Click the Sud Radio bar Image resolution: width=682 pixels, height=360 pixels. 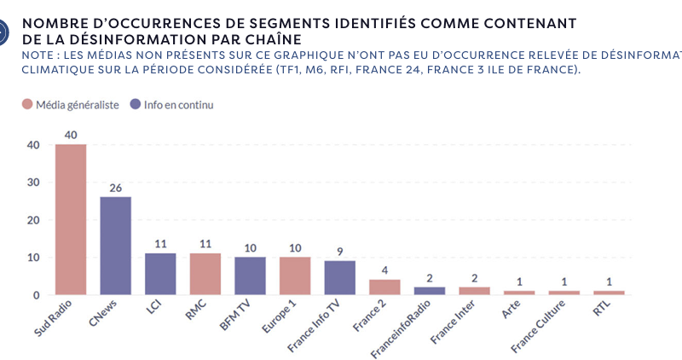click(71, 219)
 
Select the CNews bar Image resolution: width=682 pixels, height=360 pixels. click(116, 246)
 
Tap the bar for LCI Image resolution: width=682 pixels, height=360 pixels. click(160, 274)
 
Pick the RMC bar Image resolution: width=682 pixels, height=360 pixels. click(205, 274)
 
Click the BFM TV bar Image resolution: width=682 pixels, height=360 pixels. click(250, 276)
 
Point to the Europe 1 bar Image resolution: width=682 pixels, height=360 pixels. click(295, 276)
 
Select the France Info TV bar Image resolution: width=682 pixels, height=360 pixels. click(340, 277)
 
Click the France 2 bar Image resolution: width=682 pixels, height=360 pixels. click(384, 287)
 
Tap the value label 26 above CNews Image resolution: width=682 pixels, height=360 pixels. click(116, 188)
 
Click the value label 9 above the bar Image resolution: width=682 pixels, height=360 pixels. click(340, 252)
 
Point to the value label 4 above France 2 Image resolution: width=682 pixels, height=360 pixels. click(384, 270)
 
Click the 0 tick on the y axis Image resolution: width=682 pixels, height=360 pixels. click(37, 295)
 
